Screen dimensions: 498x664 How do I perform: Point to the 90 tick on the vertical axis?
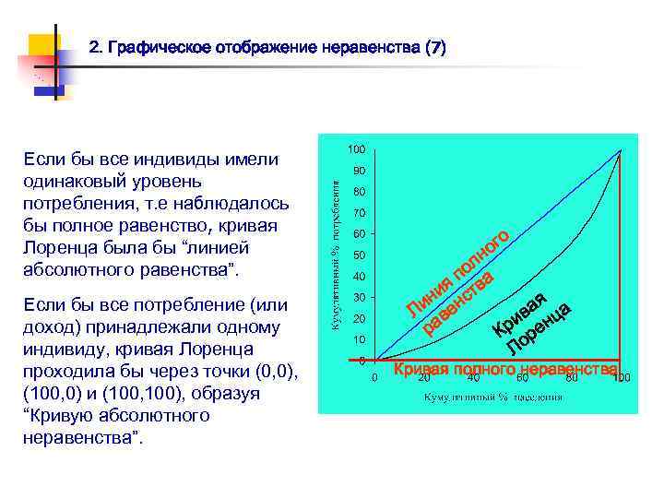(x=359, y=172)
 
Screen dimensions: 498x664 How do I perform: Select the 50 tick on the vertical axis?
(x=359, y=255)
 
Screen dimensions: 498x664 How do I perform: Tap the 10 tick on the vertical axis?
(x=359, y=339)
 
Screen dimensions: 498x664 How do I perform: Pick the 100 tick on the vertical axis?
(x=357, y=149)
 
